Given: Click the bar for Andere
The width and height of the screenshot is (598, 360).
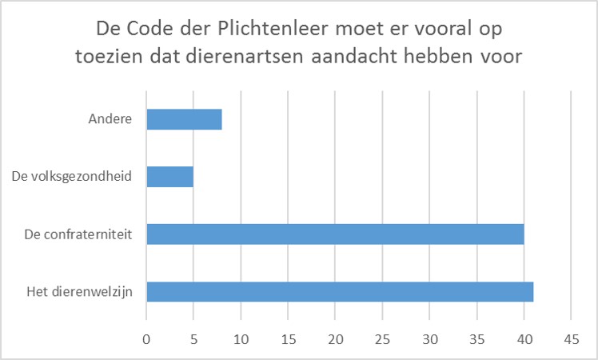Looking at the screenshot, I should [x=184, y=119].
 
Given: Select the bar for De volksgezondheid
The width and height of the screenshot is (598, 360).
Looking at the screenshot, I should [x=170, y=177].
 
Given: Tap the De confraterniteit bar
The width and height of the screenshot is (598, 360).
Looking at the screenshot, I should [x=335, y=234].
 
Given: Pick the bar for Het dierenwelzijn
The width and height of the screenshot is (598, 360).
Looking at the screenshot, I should [x=340, y=292].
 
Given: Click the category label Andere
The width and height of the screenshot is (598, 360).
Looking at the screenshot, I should [x=110, y=120].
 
